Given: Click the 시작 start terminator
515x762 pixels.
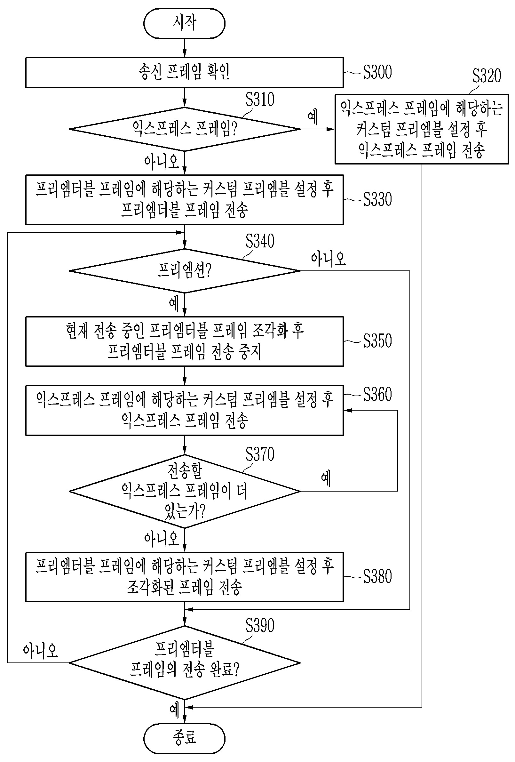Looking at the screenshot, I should point(184,23).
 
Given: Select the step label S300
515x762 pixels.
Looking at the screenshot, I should point(377,72).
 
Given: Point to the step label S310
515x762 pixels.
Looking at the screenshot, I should point(260,99).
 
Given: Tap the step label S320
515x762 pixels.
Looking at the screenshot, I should point(487,76).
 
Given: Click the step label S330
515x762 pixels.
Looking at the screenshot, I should point(377,199).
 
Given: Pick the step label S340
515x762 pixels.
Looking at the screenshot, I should point(260,241).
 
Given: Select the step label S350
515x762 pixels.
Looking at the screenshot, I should point(377,341).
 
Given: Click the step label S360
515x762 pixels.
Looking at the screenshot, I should point(377,394).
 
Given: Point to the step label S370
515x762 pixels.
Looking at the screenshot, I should point(260,454).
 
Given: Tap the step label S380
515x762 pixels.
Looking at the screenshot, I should point(377,576).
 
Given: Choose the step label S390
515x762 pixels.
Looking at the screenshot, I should point(260,626).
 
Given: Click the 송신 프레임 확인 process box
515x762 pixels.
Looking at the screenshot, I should point(184,72).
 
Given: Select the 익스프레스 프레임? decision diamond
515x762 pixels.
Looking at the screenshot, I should point(184,129).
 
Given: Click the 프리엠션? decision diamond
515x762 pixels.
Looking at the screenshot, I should point(184,270).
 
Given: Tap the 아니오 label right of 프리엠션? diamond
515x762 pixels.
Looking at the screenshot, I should point(328,259).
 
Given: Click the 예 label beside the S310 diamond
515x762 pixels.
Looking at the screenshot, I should point(313,117).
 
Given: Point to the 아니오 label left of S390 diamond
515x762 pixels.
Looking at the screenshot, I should point(40,651).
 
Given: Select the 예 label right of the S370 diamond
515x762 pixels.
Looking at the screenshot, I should point(326,478).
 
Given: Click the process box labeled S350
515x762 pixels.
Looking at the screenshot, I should point(184,341).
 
